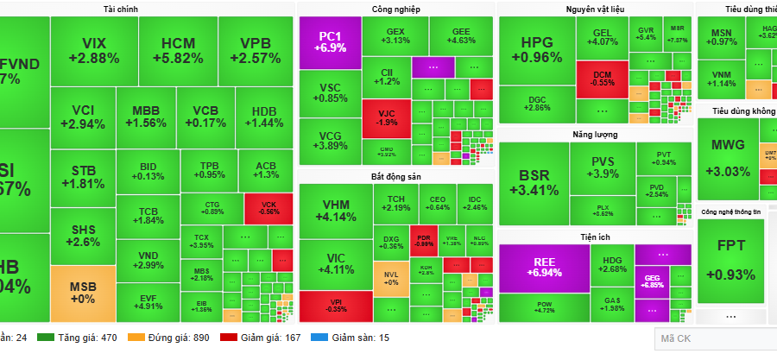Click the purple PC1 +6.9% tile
329,42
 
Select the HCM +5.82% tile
177,50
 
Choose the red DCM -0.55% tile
601,77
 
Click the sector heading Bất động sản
395,176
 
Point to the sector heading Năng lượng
594,134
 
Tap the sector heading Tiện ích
595,236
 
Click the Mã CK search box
712,339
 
